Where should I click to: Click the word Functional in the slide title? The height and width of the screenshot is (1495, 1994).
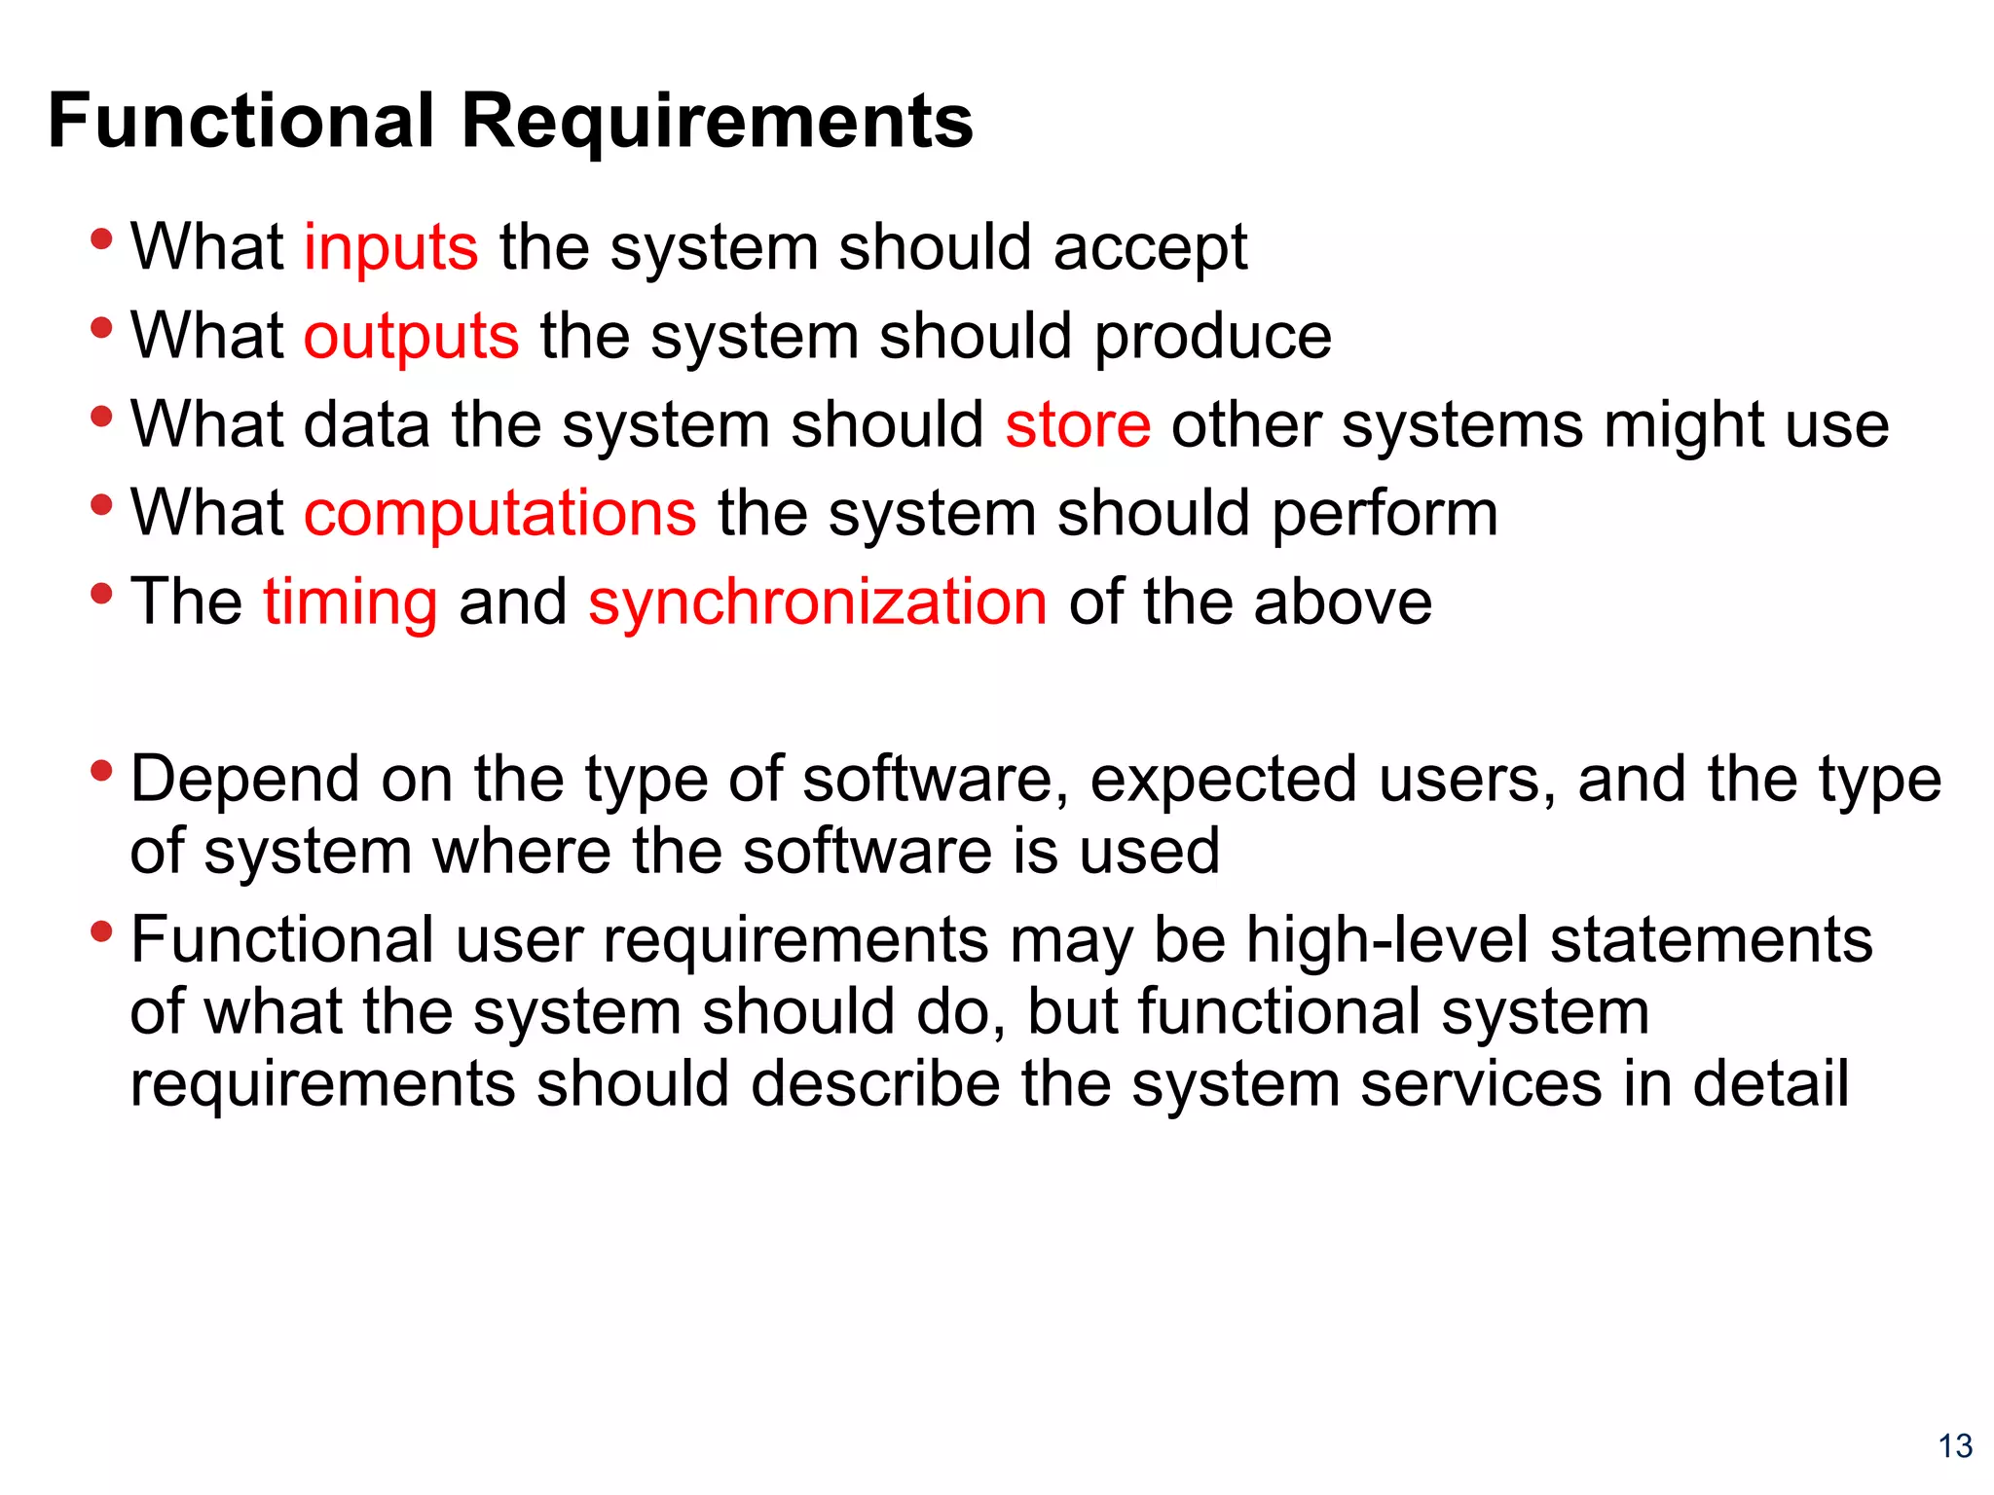coord(240,121)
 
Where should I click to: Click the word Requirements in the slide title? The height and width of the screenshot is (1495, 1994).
coord(717,123)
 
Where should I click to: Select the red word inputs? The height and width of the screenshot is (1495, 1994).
coord(391,249)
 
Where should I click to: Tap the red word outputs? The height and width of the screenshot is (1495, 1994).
coord(411,338)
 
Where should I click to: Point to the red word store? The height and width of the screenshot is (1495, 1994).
coord(1078,425)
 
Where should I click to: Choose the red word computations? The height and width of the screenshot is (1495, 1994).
coord(500,514)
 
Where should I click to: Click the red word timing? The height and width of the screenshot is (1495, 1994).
coord(351,603)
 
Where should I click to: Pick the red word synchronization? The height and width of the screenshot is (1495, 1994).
coord(818,602)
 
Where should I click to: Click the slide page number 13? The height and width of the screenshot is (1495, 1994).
coord(1955,1446)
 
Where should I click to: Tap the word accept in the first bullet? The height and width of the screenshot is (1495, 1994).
coord(1150,249)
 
